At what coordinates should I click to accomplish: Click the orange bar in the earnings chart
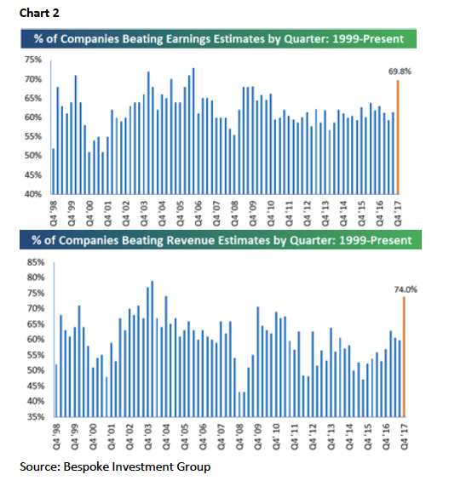[x=398, y=137]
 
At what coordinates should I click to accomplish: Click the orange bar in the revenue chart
[x=404, y=357]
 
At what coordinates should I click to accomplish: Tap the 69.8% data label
[x=400, y=72]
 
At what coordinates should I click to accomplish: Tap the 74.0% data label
[x=406, y=289]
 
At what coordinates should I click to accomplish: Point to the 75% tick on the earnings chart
[x=33, y=60]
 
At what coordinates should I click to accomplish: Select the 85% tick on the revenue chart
[x=36, y=262]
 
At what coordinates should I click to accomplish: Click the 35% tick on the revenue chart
[x=36, y=417]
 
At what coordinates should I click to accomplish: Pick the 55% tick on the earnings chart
[x=33, y=136]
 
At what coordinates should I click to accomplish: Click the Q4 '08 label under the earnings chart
[x=234, y=214]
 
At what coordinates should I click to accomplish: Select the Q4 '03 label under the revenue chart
[x=147, y=437]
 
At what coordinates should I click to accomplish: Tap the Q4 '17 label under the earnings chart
[x=398, y=214]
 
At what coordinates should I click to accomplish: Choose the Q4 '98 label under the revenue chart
[x=56, y=437]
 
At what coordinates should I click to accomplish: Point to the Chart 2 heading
[x=39, y=13]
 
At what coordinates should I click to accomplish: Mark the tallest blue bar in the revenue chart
[x=153, y=349]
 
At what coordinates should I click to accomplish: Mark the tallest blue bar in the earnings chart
[x=193, y=131]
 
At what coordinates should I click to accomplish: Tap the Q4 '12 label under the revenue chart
[x=313, y=437]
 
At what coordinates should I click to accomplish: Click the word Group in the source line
[x=193, y=467]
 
